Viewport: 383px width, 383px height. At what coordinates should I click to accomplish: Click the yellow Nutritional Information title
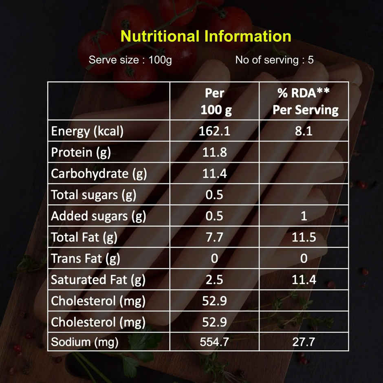[x=206, y=36]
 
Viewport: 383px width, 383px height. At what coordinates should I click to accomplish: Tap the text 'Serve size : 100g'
[x=130, y=60]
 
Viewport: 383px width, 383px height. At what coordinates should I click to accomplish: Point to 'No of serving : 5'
[x=274, y=60]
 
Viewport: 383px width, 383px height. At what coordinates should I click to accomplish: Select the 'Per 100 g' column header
[x=214, y=101]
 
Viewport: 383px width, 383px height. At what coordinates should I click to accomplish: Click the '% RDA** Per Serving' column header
[x=304, y=101]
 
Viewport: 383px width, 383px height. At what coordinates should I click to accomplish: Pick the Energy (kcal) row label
[x=87, y=131]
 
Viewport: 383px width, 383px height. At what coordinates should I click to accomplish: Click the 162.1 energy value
[x=214, y=131]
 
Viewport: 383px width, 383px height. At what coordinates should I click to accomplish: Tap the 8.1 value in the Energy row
[x=304, y=131]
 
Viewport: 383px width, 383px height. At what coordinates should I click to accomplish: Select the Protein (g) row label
[x=81, y=152]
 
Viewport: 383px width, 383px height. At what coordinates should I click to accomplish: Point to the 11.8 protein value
[x=214, y=152]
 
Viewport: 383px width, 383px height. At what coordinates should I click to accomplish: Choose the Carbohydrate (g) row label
[x=99, y=174]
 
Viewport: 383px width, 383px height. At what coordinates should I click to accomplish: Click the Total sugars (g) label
[x=93, y=195]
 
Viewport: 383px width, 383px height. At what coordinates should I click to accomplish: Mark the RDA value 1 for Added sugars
[x=304, y=216]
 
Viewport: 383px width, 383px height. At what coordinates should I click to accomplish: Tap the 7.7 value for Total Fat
[x=214, y=237]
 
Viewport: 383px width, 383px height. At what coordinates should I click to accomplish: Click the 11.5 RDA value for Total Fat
[x=304, y=237]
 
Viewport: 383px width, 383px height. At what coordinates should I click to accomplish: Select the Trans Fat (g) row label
[x=85, y=258]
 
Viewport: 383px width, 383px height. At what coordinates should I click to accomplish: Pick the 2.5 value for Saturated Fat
[x=214, y=280]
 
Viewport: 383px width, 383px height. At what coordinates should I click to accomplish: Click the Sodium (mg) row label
[x=84, y=342]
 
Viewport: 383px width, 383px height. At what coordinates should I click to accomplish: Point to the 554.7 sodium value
[x=214, y=342]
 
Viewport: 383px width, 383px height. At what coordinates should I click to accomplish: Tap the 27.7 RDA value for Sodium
[x=304, y=342]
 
